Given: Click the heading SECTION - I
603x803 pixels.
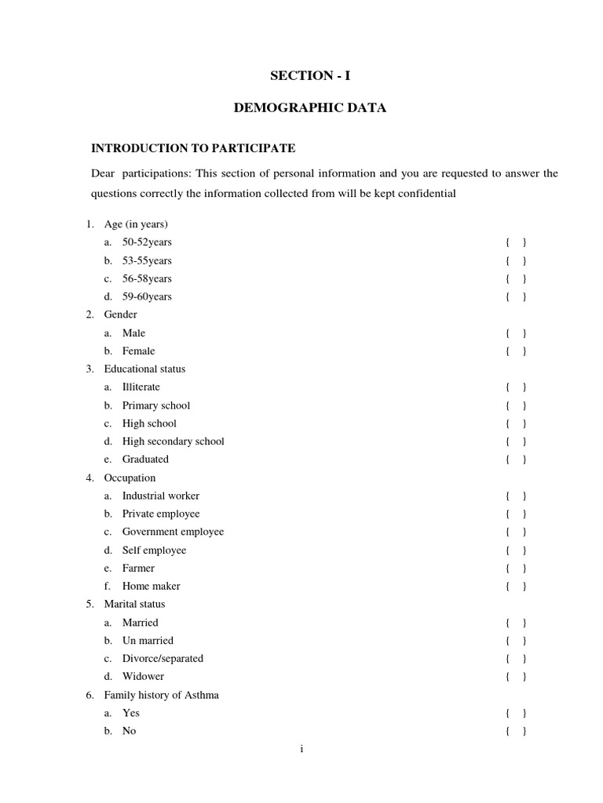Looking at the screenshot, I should click(310, 75).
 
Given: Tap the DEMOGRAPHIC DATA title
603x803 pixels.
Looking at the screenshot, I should click(310, 108).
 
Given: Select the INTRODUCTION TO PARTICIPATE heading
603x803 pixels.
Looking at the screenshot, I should click(193, 147).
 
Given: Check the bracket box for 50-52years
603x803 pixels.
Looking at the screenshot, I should click(516, 242).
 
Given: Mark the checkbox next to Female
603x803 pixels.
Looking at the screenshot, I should click(516, 351).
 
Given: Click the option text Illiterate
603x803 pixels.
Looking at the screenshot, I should click(141, 387).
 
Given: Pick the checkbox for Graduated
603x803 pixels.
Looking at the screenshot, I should click(516, 460).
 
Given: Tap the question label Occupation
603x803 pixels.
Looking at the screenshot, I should click(130, 478).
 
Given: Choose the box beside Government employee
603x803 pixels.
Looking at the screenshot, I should click(516, 532).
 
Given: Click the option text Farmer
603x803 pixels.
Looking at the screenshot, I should click(138, 568).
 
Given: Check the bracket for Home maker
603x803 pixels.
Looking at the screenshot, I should click(516, 587).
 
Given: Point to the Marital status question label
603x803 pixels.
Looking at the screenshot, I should click(134, 605).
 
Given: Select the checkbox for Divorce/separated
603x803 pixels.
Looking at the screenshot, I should click(516, 659).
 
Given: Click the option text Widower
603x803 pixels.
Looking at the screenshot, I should click(143, 676).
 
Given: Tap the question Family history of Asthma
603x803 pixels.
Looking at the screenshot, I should click(161, 695).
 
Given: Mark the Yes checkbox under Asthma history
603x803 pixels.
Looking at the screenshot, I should click(516, 714).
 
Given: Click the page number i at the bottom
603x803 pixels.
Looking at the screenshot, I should click(301, 750).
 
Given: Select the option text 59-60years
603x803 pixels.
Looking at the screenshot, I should click(147, 296).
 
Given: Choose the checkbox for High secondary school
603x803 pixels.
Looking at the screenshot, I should click(516, 441).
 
